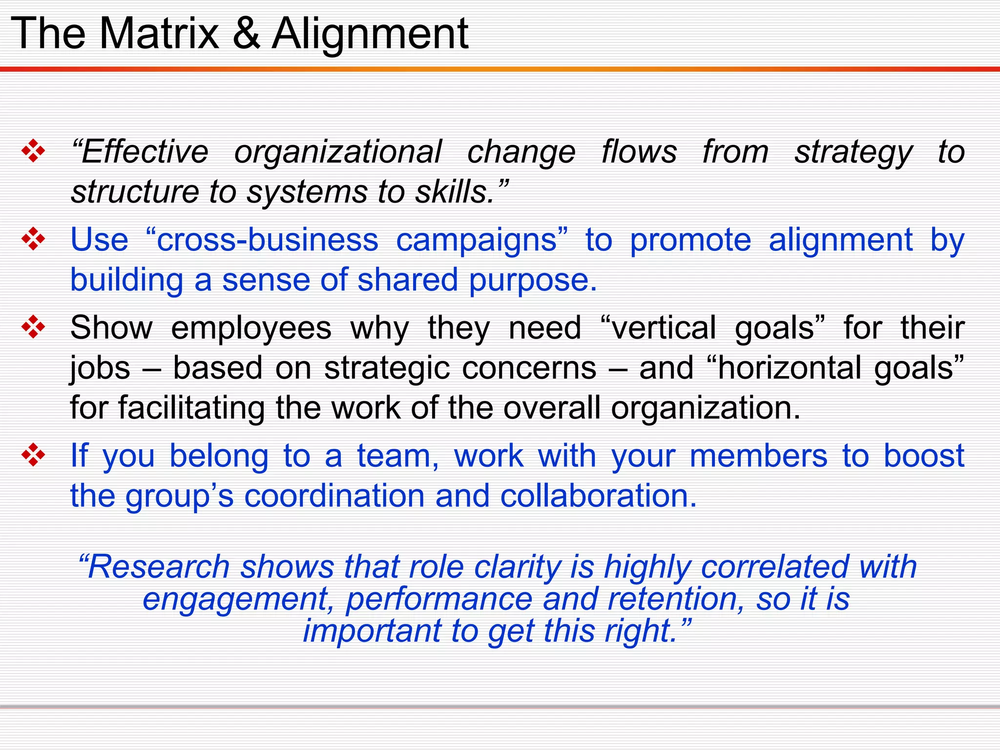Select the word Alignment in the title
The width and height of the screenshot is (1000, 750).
pyautogui.click(x=370, y=34)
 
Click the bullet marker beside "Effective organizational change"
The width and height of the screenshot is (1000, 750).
pyautogui.click(x=33, y=151)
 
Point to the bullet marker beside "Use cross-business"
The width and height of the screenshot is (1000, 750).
pyautogui.click(x=33, y=239)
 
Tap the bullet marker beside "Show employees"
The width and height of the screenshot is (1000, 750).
pyautogui.click(x=33, y=327)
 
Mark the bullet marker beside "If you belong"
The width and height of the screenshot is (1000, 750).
pyautogui.click(x=33, y=455)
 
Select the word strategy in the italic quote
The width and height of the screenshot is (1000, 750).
pyautogui.click(x=853, y=152)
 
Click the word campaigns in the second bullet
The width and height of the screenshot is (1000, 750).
pyautogui.click(x=477, y=240)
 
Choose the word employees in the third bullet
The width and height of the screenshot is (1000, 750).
pyautogui.click(x=251, y=328)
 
